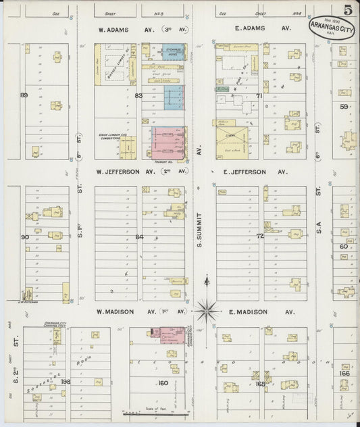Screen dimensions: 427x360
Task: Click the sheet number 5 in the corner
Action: coord(346,10)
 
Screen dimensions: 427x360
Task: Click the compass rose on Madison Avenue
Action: coord(207,311)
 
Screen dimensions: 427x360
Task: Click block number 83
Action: coord(139,96)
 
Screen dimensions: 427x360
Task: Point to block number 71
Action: coord(259,96)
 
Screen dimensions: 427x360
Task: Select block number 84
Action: coord(139,237)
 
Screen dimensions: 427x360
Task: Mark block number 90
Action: coord(24,237)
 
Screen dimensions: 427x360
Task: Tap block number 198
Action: coord(65,382)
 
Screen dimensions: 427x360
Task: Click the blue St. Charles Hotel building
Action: coord(173,53)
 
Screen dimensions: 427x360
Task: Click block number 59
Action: coord(344,106)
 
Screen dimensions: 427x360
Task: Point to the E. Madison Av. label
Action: coord(253,312)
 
